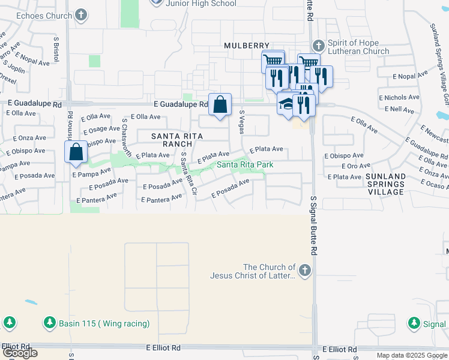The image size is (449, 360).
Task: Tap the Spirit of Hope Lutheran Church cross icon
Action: coord(319,46)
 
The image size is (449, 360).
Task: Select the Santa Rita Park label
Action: coord(241,164)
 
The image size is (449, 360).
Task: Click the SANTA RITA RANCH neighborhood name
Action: coord(172,140)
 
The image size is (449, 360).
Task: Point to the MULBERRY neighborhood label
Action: coord(244,46)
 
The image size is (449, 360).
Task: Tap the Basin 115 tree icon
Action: coord(49,323)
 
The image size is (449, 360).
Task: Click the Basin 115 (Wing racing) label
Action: coord(104,324)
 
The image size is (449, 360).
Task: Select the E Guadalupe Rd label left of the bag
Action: coord(180,104)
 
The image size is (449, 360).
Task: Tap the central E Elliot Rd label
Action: coord(163,347)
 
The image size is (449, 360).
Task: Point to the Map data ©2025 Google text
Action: coord(411,355)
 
